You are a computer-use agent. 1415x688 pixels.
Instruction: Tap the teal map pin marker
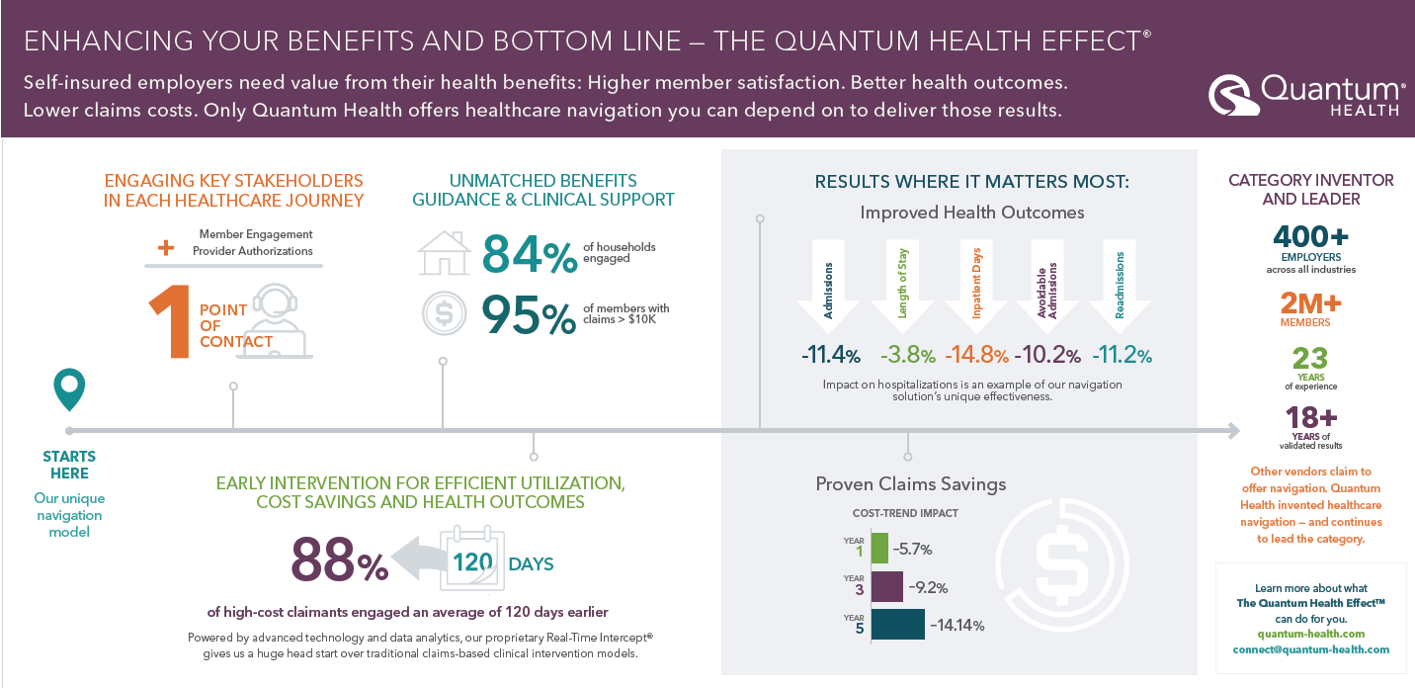pos(69,389)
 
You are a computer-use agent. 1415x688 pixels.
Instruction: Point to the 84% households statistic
pos(529,255)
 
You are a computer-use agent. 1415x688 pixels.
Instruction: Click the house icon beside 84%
pos(443,254)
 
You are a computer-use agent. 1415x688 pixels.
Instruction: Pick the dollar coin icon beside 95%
pos(443,313)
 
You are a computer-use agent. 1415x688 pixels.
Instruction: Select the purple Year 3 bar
pos(886,587)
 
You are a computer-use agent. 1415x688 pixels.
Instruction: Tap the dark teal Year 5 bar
pos(897,625)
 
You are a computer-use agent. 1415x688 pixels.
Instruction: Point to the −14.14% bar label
pos(957,625)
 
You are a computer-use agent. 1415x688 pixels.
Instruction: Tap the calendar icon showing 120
pos(472,561)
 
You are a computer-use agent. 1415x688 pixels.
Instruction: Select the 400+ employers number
pos(1310,237)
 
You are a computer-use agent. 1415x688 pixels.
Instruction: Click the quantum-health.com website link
pos(1310,634)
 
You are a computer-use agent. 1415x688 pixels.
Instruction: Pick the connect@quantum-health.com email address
pos(1310,649)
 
